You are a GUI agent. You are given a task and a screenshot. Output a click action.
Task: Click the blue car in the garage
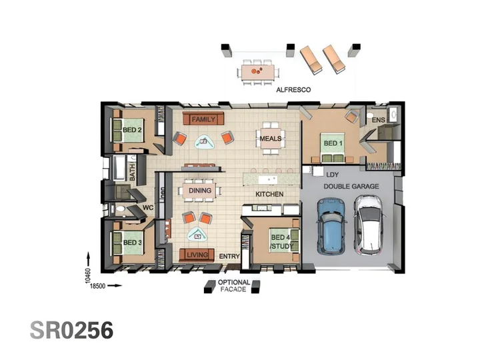click(x=332, y=226)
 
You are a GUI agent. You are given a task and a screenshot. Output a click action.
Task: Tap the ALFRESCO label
click(x=293, y=90)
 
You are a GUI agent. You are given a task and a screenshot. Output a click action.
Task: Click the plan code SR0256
click(x=71, y=330)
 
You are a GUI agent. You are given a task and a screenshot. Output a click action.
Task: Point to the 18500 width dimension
click(x=98, y=286)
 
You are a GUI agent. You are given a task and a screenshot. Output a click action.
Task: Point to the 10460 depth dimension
click(x=88, y=275)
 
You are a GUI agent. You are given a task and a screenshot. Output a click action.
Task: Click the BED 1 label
click(x=333, y=143)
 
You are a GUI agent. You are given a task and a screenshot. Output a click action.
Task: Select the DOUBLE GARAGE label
click(x=351, y=186)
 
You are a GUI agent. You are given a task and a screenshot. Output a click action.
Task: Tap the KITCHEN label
click(x=269, y=194)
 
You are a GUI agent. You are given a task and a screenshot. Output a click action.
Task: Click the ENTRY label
click(x=229, y=256)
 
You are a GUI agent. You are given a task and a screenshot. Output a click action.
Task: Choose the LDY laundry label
click(x=333, y=175)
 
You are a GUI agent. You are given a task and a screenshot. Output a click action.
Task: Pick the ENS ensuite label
click(x=379, y=120)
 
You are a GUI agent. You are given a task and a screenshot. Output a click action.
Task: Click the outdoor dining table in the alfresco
click(x=257, y=72)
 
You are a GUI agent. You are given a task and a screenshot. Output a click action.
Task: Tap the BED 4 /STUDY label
click(x=281, y=242)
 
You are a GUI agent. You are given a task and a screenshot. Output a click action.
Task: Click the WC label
click(x=148, y=208)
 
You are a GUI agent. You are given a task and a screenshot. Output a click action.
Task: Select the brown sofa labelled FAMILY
click(x=203, y=119)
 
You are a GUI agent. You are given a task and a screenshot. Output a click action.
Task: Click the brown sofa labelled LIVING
click(x=197, y=255)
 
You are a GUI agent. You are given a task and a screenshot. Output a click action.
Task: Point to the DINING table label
click(x=200, y=191)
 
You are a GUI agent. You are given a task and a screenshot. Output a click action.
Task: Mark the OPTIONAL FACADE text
click(x=233, y=286)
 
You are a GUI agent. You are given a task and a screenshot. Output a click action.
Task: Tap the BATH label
click(x=133, y=173)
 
